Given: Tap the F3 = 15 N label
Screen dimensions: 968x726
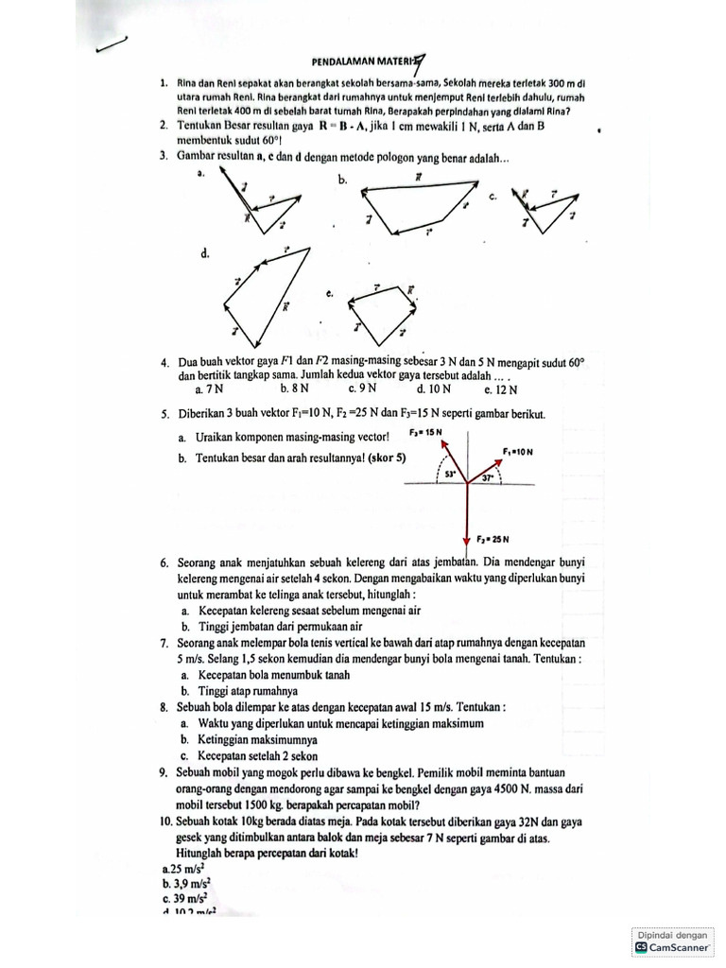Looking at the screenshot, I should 427,432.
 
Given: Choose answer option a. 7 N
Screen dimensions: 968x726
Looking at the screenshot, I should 209,388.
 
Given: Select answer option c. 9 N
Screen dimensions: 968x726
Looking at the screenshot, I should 363,388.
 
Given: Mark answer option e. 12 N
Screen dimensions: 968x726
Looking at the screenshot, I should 501,389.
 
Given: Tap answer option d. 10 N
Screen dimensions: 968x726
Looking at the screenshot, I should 433,388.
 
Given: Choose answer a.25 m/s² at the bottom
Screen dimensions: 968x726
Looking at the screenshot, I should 184,867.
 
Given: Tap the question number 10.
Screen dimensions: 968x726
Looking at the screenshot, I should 168,822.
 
